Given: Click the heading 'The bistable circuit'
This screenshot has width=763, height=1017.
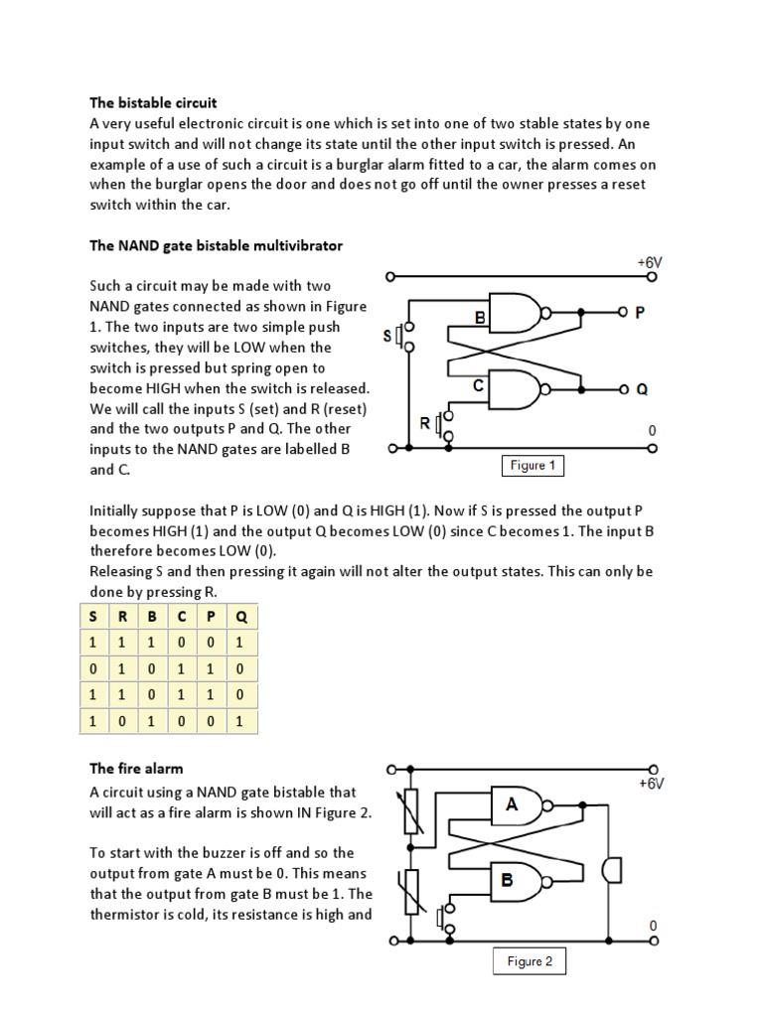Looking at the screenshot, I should [x=153, y=102].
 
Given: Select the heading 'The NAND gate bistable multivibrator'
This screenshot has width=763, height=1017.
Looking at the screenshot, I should [x=216, y=244].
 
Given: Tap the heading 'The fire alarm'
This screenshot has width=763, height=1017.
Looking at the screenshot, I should [x=136, y=768].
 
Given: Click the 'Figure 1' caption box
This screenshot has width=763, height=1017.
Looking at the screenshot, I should [x=529, y=466].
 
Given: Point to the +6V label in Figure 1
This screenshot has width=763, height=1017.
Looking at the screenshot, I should [x=649, y=262].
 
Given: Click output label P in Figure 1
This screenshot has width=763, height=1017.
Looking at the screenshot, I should [x=640, y=312].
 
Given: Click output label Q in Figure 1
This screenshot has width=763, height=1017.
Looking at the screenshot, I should [x=641, y=389].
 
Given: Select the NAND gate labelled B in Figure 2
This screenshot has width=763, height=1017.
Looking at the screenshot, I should [x=520, y=880].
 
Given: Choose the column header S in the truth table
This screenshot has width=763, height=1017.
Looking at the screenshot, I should [x=93, y=617].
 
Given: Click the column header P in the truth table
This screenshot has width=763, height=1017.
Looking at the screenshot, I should [x=212, y=617].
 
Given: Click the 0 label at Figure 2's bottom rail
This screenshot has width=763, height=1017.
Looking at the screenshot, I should [x=653, y=926].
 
